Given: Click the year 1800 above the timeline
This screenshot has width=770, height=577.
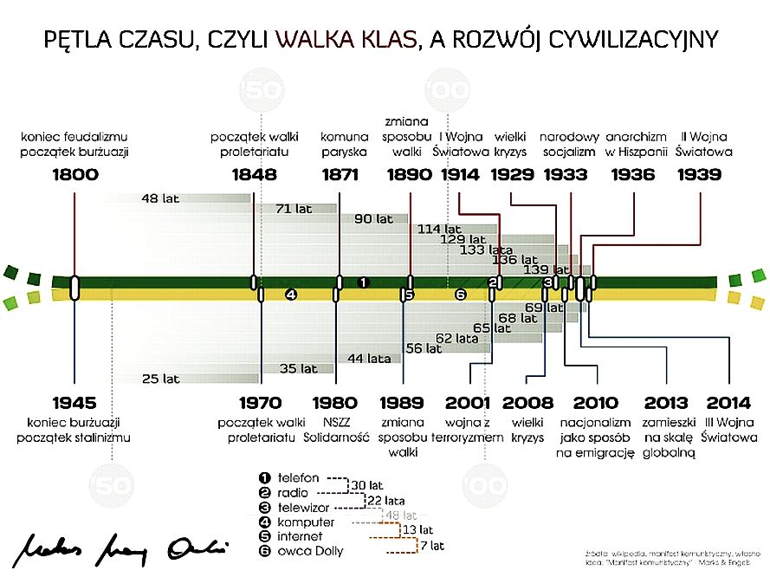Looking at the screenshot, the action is point(74,175).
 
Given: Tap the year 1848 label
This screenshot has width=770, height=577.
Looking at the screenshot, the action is point(255,175).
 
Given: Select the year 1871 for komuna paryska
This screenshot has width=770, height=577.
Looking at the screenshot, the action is point(340,175).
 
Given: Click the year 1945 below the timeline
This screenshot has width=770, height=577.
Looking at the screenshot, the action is point(74,403).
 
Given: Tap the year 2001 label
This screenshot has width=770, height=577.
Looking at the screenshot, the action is point(469,403).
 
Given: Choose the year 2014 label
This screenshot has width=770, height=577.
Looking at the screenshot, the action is point(728,403).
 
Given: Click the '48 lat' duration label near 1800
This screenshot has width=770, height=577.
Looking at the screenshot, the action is point(160,198).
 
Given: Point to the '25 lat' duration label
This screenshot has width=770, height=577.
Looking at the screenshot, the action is point(161,379).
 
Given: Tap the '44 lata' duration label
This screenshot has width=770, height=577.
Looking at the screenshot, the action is point(369,358).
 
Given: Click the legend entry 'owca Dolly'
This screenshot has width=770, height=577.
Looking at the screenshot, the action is point(310,551).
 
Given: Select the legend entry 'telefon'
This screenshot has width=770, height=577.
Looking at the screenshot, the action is point(299,477).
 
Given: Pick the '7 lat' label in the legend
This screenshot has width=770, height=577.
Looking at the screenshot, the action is point(430,546).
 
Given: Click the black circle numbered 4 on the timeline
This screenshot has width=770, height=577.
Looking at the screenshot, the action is point(291,295).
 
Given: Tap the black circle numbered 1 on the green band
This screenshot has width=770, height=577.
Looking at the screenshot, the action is point(364,282).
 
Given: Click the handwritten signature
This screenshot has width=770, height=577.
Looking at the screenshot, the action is point(122,545).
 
